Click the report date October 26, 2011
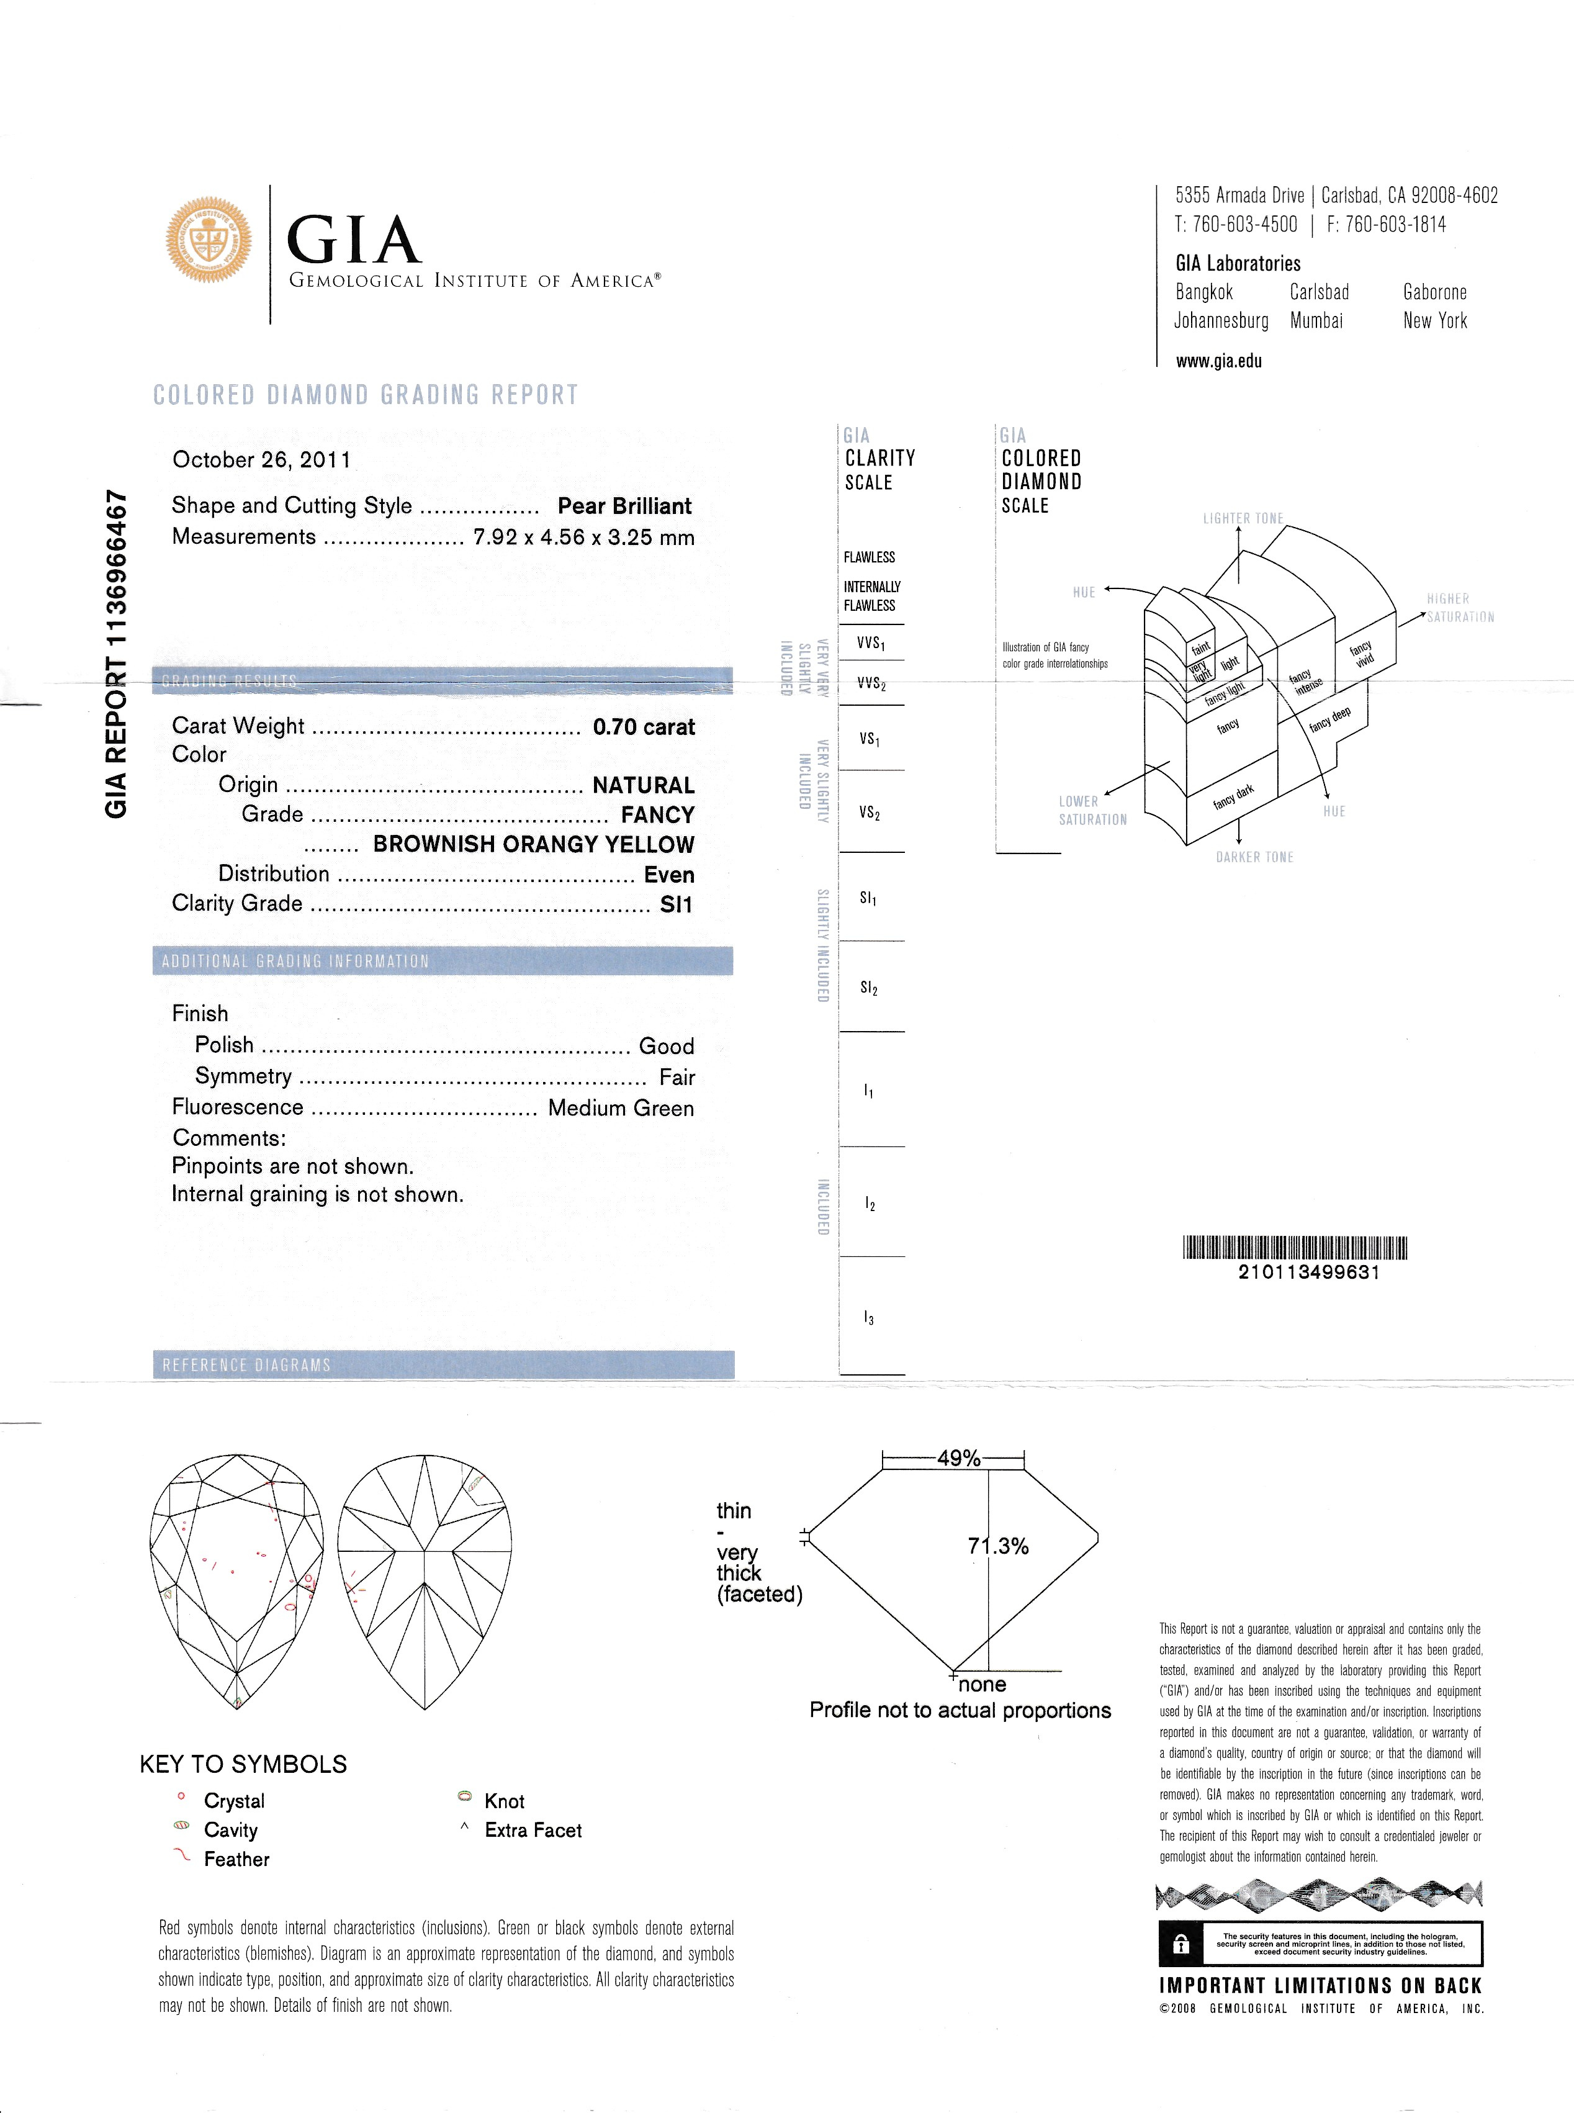(x=261, y=460)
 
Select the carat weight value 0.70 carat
(x=643, y=727)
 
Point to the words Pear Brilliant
(x=624, y=506)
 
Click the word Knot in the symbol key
(x=504, y=1801)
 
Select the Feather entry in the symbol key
(x=236, y=1858)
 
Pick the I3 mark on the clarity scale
(x=868, y=1318)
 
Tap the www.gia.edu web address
(x=1218, y=361)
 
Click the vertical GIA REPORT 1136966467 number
(x=115, y=654)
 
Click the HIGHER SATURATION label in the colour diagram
(x=1459, y=608)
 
